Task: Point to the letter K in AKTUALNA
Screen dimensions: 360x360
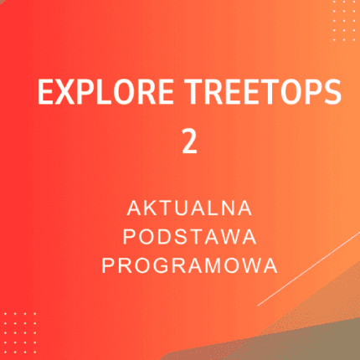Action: (152, 206)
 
